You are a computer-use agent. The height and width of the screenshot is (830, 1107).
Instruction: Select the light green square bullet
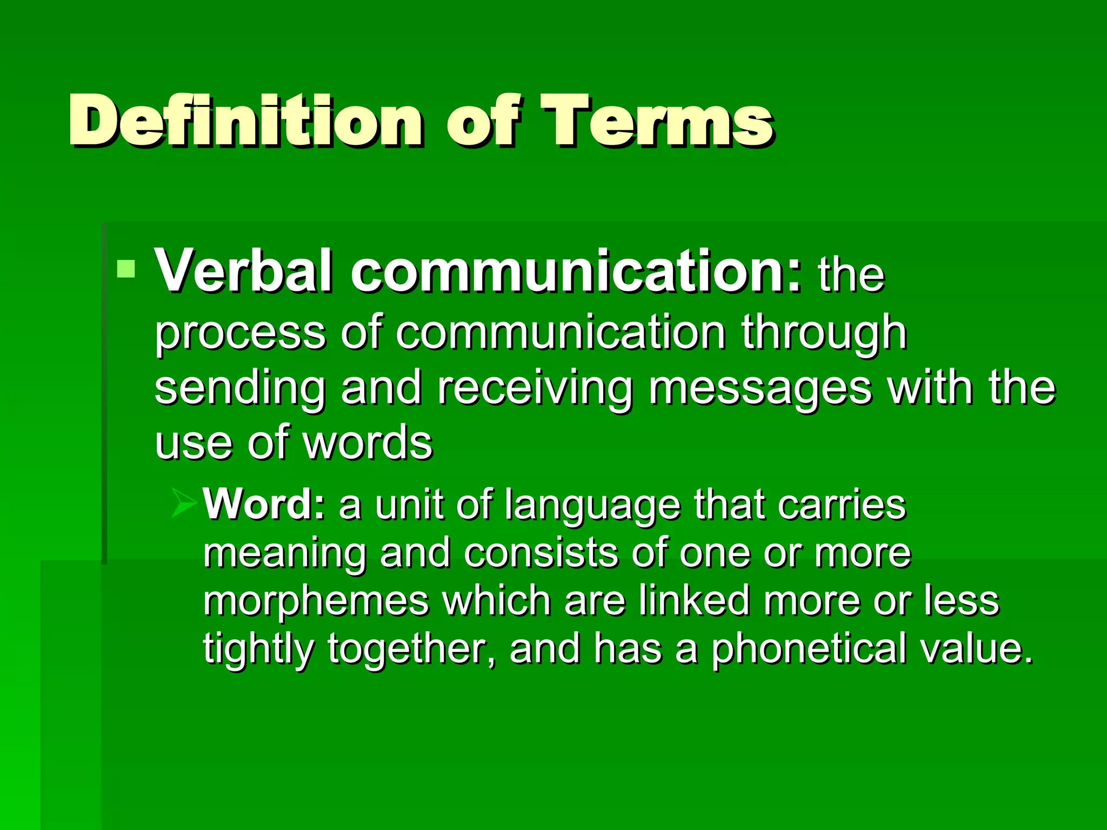point(126,269)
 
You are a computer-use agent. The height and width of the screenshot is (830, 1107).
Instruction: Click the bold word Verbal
point(243,271)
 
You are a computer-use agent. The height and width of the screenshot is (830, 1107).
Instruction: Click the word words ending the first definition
point(368,443)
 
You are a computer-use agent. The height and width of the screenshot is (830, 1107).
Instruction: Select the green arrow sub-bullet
point(184,504)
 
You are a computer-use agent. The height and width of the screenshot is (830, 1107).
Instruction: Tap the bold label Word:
point(264,504)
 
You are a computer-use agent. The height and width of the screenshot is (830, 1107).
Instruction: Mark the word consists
point(541,553)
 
